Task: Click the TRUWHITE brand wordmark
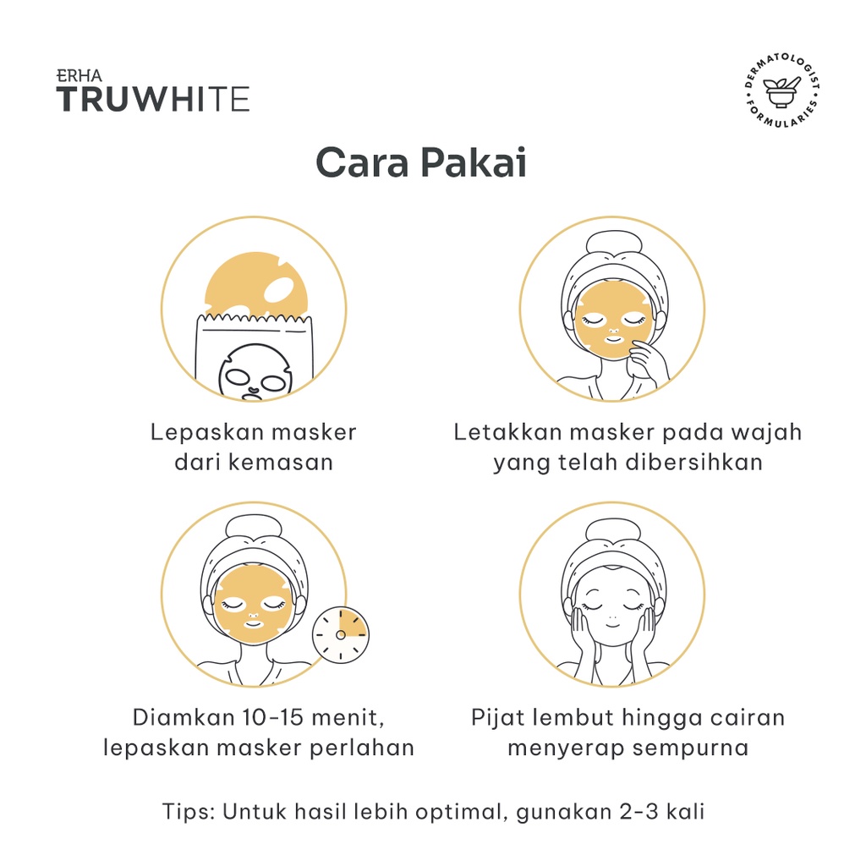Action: [x=153, y=100]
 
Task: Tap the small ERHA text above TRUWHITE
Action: [x=79, y=76]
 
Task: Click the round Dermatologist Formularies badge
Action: [x=781, y=90]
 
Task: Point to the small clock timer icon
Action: [x=341, y=634]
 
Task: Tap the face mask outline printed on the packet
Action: [x=255, y=371]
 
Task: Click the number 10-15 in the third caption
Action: [x=273, y=717]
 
